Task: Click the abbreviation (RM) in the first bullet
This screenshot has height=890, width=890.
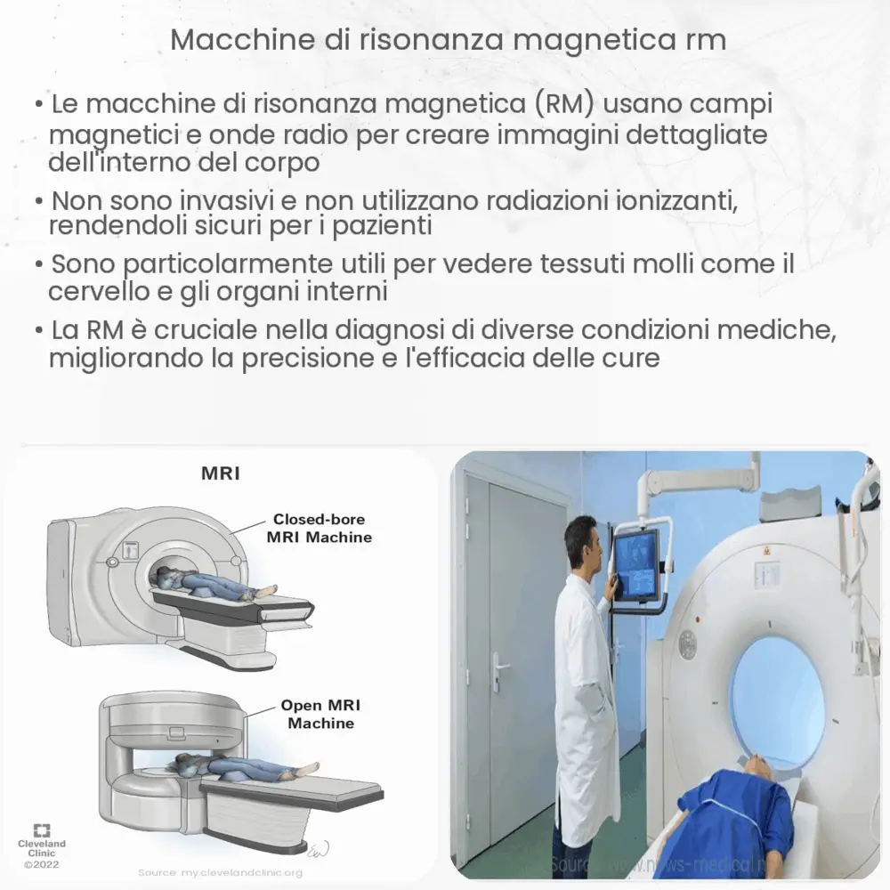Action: tap(566, 104)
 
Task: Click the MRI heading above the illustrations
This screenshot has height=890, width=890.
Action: tap(220, 473)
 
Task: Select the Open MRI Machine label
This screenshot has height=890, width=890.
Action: tap(320, 714)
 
